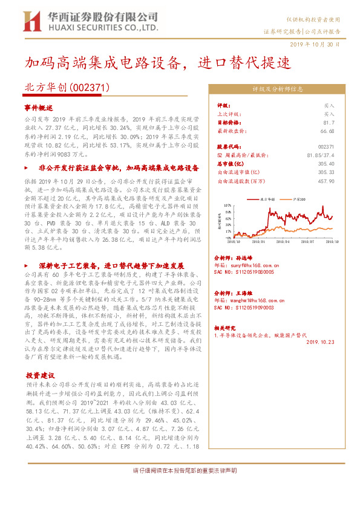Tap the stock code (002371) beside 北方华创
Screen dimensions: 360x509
[x=90, y=87]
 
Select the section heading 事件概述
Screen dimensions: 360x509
[x=39, y=108]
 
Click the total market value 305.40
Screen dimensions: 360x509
[x=326, y=163]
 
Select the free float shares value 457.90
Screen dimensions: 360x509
[x=326, y=180]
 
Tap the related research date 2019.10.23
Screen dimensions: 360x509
[x=320, y=342]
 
